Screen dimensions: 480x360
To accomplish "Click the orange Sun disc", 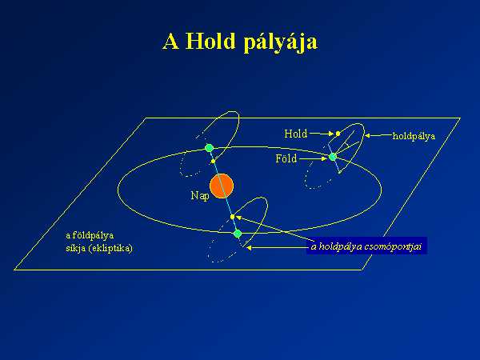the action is [x=222, y=186].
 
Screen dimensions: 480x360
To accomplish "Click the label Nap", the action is [x=200, y=196].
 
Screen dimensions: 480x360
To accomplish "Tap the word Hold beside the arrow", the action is [x=295, y=134].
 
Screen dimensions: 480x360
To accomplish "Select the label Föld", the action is [x=286, y=158].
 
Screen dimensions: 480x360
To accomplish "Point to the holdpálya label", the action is [x=414, y=136].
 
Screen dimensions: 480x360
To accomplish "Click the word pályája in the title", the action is [x=281, y=42].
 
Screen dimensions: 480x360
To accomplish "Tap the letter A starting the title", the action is [x=170, y=42].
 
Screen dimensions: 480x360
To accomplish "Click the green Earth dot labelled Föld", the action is [x=333, y=157].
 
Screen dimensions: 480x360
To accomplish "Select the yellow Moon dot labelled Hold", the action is [x=338, y=134].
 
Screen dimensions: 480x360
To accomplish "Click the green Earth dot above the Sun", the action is [x=209, y=148].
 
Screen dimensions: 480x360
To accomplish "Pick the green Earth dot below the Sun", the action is [x=238, y=234].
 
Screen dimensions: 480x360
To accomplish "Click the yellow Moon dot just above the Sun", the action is [x=213, y=161].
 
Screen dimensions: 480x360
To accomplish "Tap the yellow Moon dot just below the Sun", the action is [x=232, y=217].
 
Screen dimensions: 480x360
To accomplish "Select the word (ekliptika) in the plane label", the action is [x=110, y=248].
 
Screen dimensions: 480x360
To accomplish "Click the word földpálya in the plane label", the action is [x=93, y=235].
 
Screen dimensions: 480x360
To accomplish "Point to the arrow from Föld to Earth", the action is [x=314, y=158].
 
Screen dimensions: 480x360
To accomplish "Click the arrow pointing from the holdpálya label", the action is [x=378, y=135].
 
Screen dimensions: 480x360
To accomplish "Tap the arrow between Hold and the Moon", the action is [x=322, y=134].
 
